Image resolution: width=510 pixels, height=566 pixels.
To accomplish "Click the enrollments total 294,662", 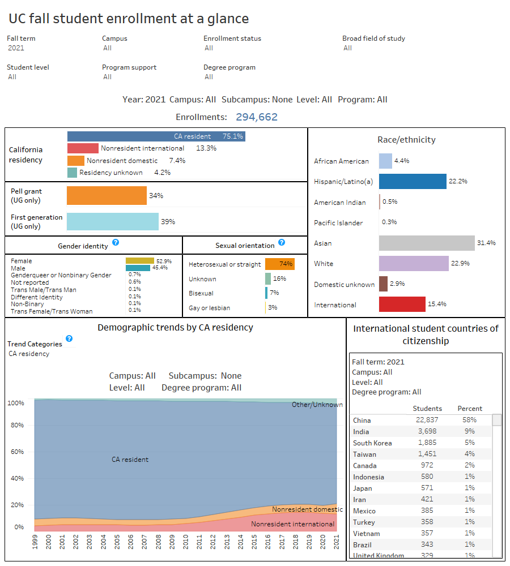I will tap(252, 117).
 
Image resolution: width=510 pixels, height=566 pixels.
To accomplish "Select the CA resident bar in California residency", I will tap(156, 136).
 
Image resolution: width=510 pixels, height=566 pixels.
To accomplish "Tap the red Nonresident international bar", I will tap(83, 148).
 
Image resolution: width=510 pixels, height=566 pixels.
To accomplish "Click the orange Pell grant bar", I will tap(107, 195).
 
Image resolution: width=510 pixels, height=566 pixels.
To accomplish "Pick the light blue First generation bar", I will tap(112, 221).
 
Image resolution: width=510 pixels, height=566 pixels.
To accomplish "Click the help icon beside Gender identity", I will tap(116, 242).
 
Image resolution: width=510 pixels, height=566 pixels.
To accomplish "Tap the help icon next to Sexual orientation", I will tap(282, 242).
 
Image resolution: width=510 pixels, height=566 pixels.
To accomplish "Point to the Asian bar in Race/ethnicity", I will tap(426, 243).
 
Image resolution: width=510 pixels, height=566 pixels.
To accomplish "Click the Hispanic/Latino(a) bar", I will tap(413, 182).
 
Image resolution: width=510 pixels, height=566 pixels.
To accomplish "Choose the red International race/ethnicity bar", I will tap(402, 305).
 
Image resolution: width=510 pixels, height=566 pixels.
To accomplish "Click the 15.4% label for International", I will tap(437, 305).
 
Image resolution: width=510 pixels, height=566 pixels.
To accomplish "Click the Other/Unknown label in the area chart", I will tap(317, 405).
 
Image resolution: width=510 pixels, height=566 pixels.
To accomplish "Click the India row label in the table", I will tap(360, 431).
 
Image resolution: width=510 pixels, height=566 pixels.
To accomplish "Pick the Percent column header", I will tap(470, 409).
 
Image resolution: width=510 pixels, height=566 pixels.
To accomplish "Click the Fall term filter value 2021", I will tap(16, 48).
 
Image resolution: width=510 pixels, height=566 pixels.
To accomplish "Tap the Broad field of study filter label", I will tap(373, 38).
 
